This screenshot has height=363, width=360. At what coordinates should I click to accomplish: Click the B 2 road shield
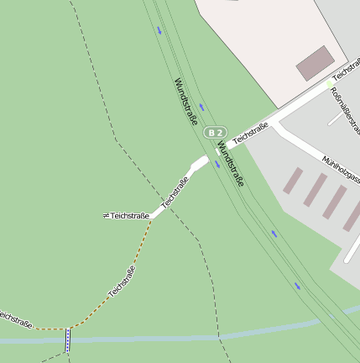[216, 133]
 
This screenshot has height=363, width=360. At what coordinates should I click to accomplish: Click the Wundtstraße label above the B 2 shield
[186, 102]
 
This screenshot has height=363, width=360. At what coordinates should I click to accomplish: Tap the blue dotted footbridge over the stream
[68, 339]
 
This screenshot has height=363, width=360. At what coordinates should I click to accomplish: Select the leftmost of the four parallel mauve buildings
[293, 181]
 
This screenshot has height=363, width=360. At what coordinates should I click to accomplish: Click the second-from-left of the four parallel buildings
[315, 191]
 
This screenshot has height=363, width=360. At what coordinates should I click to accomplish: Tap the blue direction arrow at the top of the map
[159, 30]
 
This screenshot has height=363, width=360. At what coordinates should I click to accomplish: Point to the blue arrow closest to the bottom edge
[297, 286]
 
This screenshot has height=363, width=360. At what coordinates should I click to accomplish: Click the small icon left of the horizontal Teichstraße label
[106, 216]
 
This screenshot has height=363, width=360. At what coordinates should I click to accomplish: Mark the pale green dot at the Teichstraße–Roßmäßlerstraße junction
[328, 85]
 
